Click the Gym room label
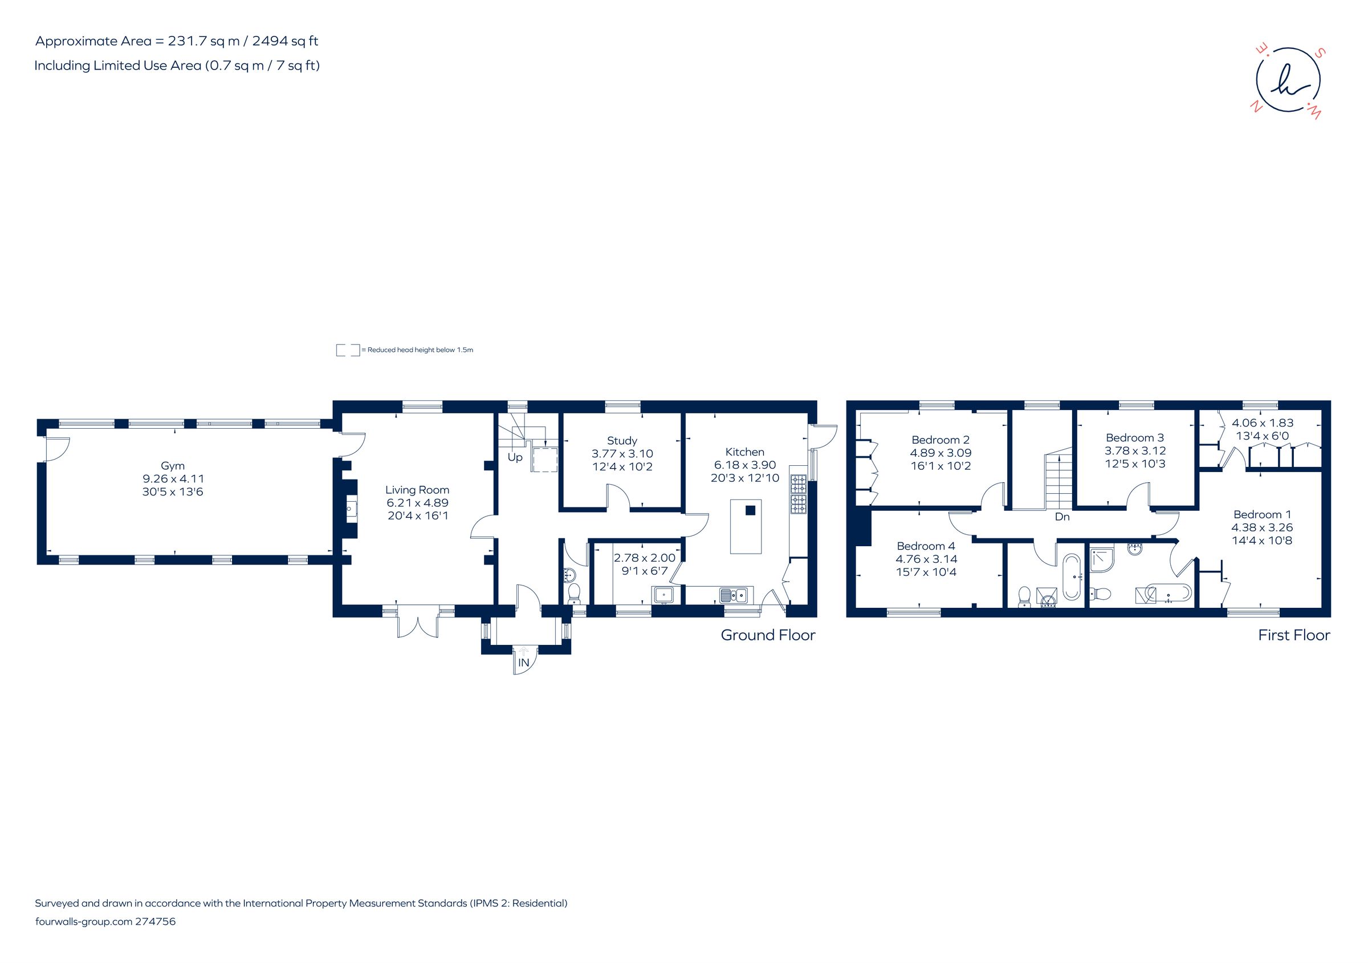[x=172, y=465]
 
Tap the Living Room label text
[x=417, y=490]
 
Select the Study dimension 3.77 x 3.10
[x=622, y=453]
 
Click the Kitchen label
[x=744, y=452]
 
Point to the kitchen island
[x=746, y=526]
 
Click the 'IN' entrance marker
[x=524, y=663]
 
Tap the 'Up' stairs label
[x=515, y=457]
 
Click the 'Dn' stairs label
[x=1062, y=517]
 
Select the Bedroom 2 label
[x=940, y=440]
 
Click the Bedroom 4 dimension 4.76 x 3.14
[x=926, y=559]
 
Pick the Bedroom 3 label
[x=1134, y=437]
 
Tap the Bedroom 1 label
[x=1262, y=514]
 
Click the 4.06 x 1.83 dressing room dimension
[x=1263, y=422]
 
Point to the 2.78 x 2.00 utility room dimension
[x=645, y=558]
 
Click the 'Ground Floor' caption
[x=767, y=635]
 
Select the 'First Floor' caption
[x=1293, y=635]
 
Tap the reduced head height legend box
[x=348, y=350]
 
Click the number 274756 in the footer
[x=156, y=921]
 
